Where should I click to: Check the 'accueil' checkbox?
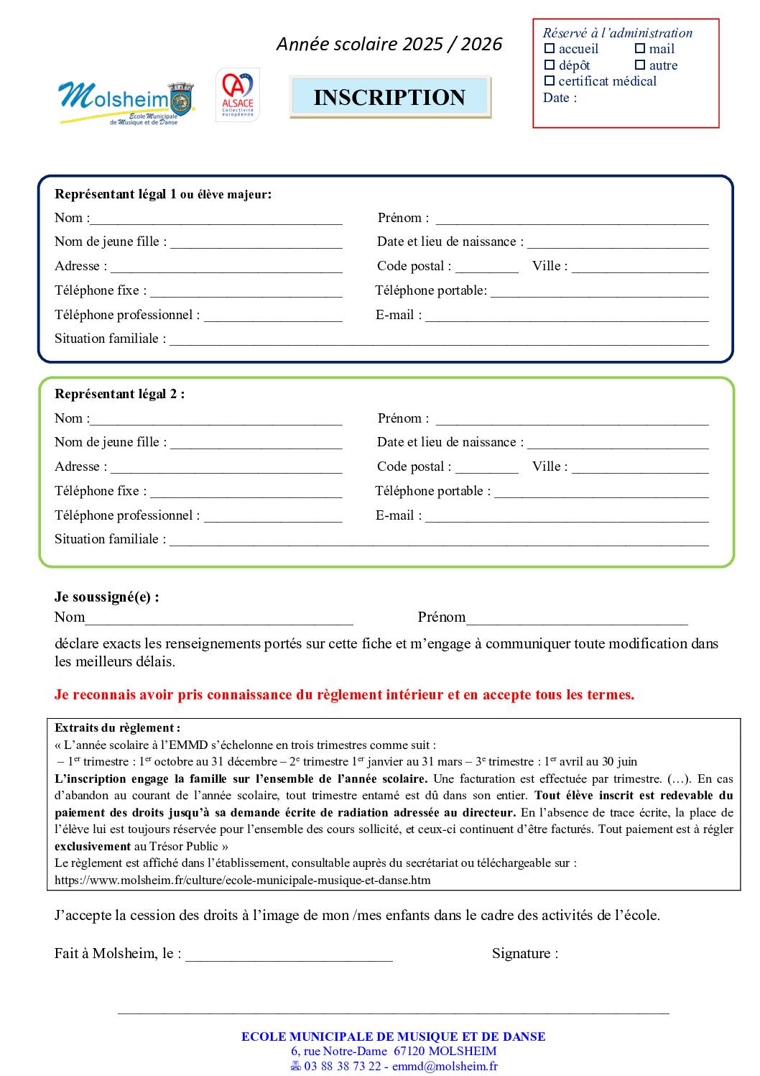tap(550, 49)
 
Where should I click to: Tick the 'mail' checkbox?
tap(640, 49)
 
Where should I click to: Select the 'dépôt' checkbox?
tap(550, 65)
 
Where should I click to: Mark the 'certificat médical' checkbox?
tap(550, 81)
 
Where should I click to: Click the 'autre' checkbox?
tap(640, 65)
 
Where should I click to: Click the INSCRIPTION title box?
tap(389, 97)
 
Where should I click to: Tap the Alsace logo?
tap(237, 95)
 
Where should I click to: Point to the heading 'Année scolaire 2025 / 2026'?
tap(389, 45)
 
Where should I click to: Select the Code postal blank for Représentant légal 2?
tap(486, 468)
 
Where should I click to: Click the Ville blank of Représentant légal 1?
tap(639, 267)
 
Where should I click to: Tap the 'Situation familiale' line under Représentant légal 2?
tap(438, 541)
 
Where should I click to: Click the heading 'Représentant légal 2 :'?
tap(119, 394)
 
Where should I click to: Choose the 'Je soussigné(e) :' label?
tap(107, 597)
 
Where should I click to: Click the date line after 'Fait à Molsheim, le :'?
tap(289, 955)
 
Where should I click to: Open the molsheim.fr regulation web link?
tap(243, 880)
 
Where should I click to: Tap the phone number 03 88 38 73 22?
tap(342, 1067)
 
